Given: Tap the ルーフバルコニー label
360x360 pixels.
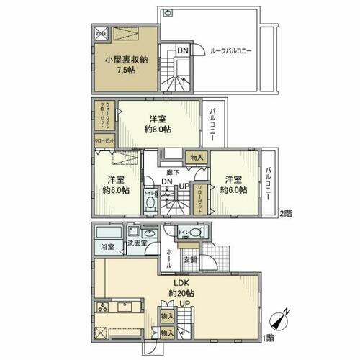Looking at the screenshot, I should (x=230, y=51).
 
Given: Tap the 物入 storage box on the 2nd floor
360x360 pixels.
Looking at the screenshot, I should (x=194, y=157).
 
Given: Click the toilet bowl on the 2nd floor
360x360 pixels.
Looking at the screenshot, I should (x=150, y=204).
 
